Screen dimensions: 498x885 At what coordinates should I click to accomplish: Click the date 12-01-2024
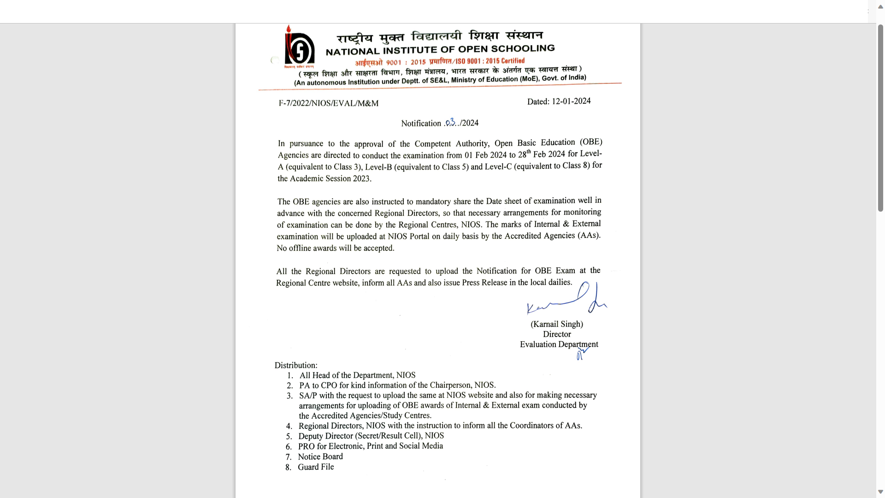point(571,101)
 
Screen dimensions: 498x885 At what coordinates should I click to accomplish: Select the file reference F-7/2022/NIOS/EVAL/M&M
point(328,103)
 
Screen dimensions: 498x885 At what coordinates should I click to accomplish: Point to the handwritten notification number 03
point(451,122)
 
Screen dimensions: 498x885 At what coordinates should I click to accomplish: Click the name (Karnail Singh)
point(557,324)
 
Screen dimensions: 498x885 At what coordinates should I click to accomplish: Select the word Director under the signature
point(557,334)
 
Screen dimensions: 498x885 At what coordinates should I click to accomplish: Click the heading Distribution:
point(296,365)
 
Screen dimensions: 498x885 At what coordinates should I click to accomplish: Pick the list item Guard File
point(316,467)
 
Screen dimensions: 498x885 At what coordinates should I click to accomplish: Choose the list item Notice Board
point(320,456)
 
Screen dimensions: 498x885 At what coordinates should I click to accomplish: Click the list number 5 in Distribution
point(289,437)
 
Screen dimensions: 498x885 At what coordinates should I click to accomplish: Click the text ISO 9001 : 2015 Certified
point(490,61)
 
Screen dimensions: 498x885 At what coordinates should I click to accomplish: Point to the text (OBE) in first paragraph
point(591,142)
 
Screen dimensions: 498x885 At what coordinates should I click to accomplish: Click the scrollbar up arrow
point(880,7)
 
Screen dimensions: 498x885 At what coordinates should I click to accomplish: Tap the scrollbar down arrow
point(880,492)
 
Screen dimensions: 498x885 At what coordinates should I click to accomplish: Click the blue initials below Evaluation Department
point(582,354)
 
